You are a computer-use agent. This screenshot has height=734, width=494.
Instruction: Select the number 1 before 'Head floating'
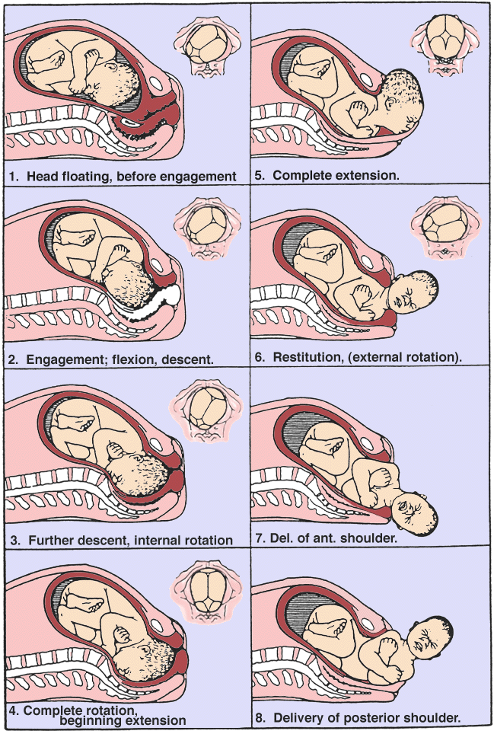[x=13, y=176]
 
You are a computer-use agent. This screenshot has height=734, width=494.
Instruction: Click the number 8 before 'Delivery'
[x=259, y=717]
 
